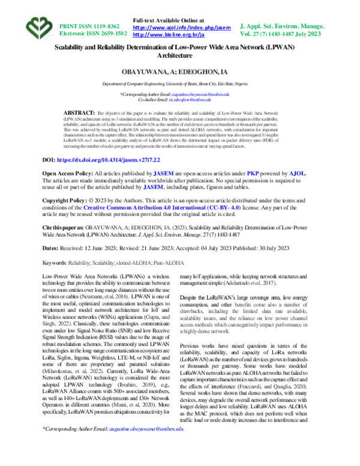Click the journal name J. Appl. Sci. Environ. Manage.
[x=290, y=27]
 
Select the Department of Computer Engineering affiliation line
[x=181, y=86]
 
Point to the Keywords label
[x=55, y=262]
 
